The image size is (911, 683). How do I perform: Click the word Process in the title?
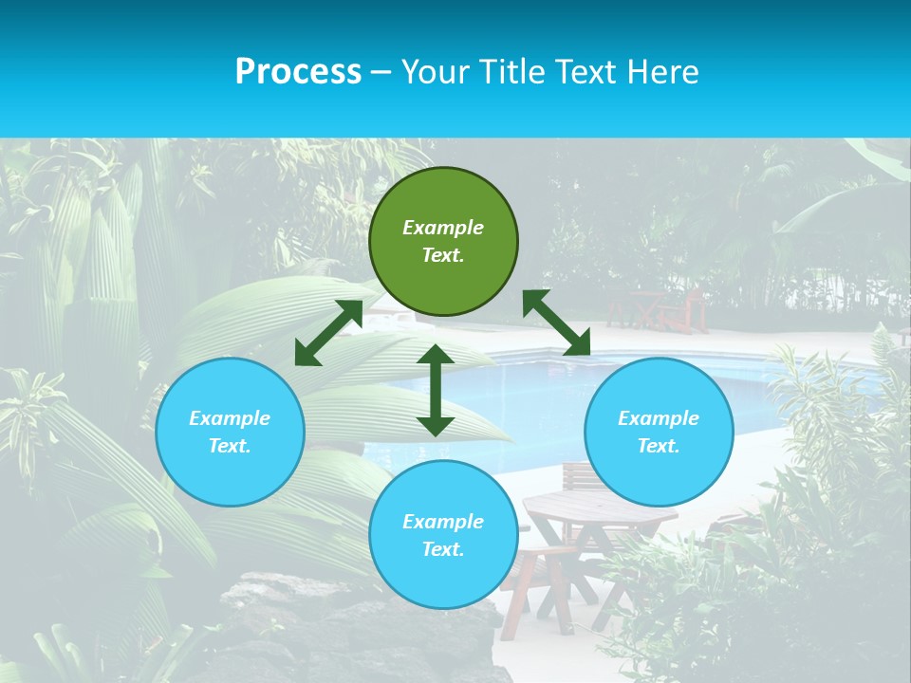[298, 72]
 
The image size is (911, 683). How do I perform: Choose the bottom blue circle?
[443, 579]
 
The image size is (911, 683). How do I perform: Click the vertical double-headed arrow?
[436, 391]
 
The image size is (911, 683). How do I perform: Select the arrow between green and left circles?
[328, 333]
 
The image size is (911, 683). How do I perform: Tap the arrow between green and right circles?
[557, 323]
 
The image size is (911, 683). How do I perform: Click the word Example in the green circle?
[443, 228]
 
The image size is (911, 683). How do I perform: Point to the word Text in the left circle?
[230, 446]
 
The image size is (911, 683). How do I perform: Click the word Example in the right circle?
[659, 418]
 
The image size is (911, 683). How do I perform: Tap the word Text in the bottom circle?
[443, 549]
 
